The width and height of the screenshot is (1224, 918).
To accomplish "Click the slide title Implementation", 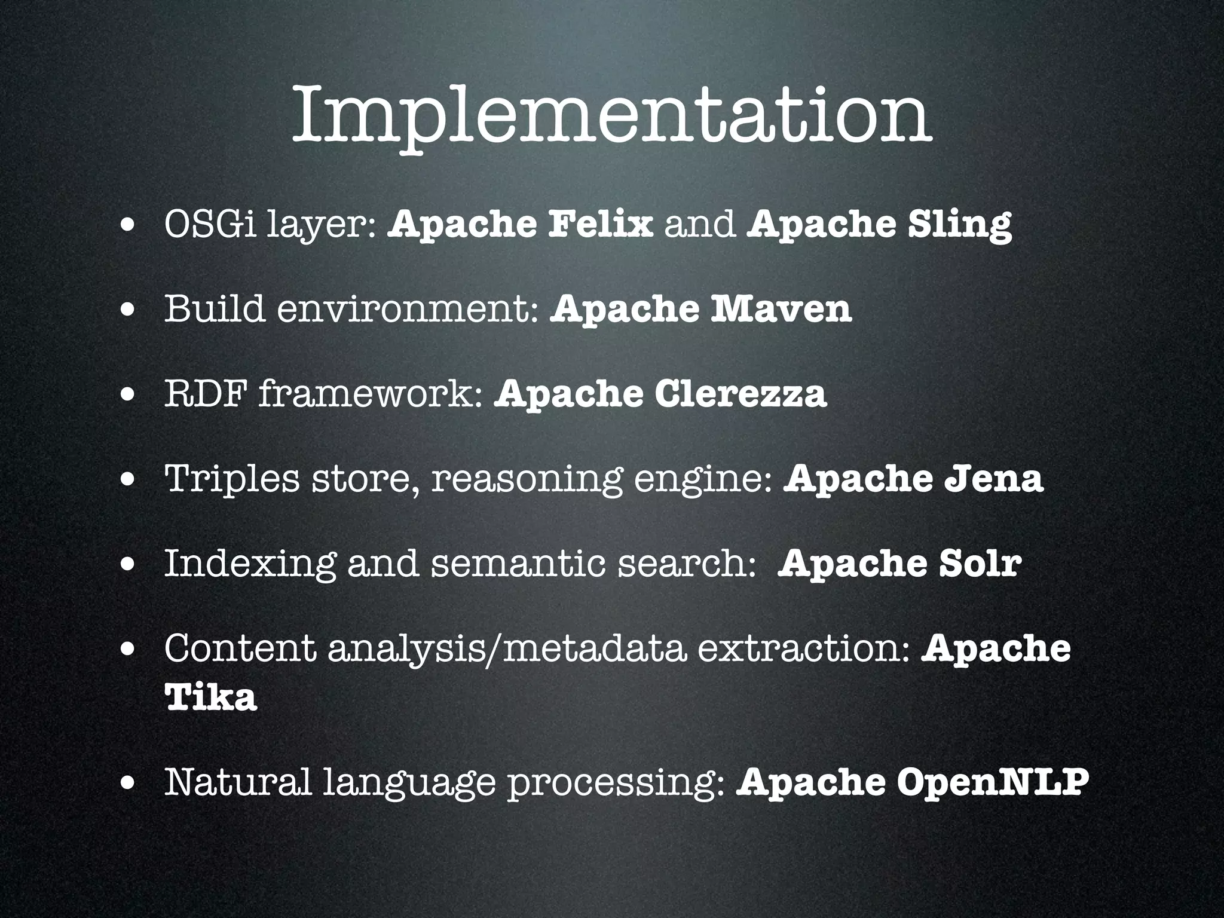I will pyautogui.click(x=611, y=117).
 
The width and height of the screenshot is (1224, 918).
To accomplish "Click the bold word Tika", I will pyautogui.click(x=210, y=697).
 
